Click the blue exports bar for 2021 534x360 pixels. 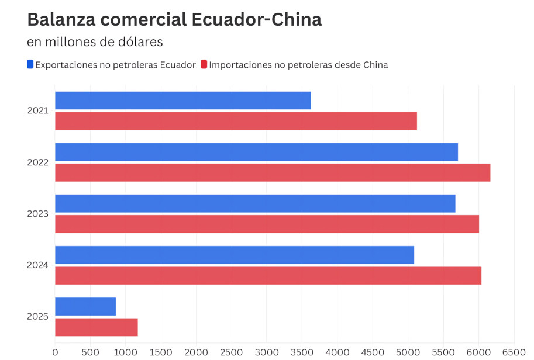[x=182, y=101]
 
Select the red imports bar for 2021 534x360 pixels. [x=236, y=121]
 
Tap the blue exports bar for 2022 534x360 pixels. [x=256, y=152]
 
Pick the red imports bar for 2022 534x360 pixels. [x=273, y=172]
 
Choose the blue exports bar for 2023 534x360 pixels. [x=255, y=203]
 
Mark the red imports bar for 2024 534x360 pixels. [x=268, y=275]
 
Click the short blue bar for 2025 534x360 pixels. [x=85, y=306]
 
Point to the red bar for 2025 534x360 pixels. [x=97, y=327]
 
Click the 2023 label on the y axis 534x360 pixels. [x=38, y=214]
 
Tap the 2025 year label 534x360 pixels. [x=38, y=317]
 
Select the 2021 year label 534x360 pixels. [x=38, y=110]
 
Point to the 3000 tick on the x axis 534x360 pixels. [x=267, y=352]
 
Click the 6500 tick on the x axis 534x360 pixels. [x=514, y=352]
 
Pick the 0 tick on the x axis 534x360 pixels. [x=55, y=352]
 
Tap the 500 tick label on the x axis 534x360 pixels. [x=90, y=352]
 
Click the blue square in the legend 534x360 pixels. [x=30, y=64]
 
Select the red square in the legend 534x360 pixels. [x=204, y=64]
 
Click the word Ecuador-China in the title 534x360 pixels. [x=257, y=19]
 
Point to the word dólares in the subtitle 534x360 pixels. [x=139, y=42]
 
